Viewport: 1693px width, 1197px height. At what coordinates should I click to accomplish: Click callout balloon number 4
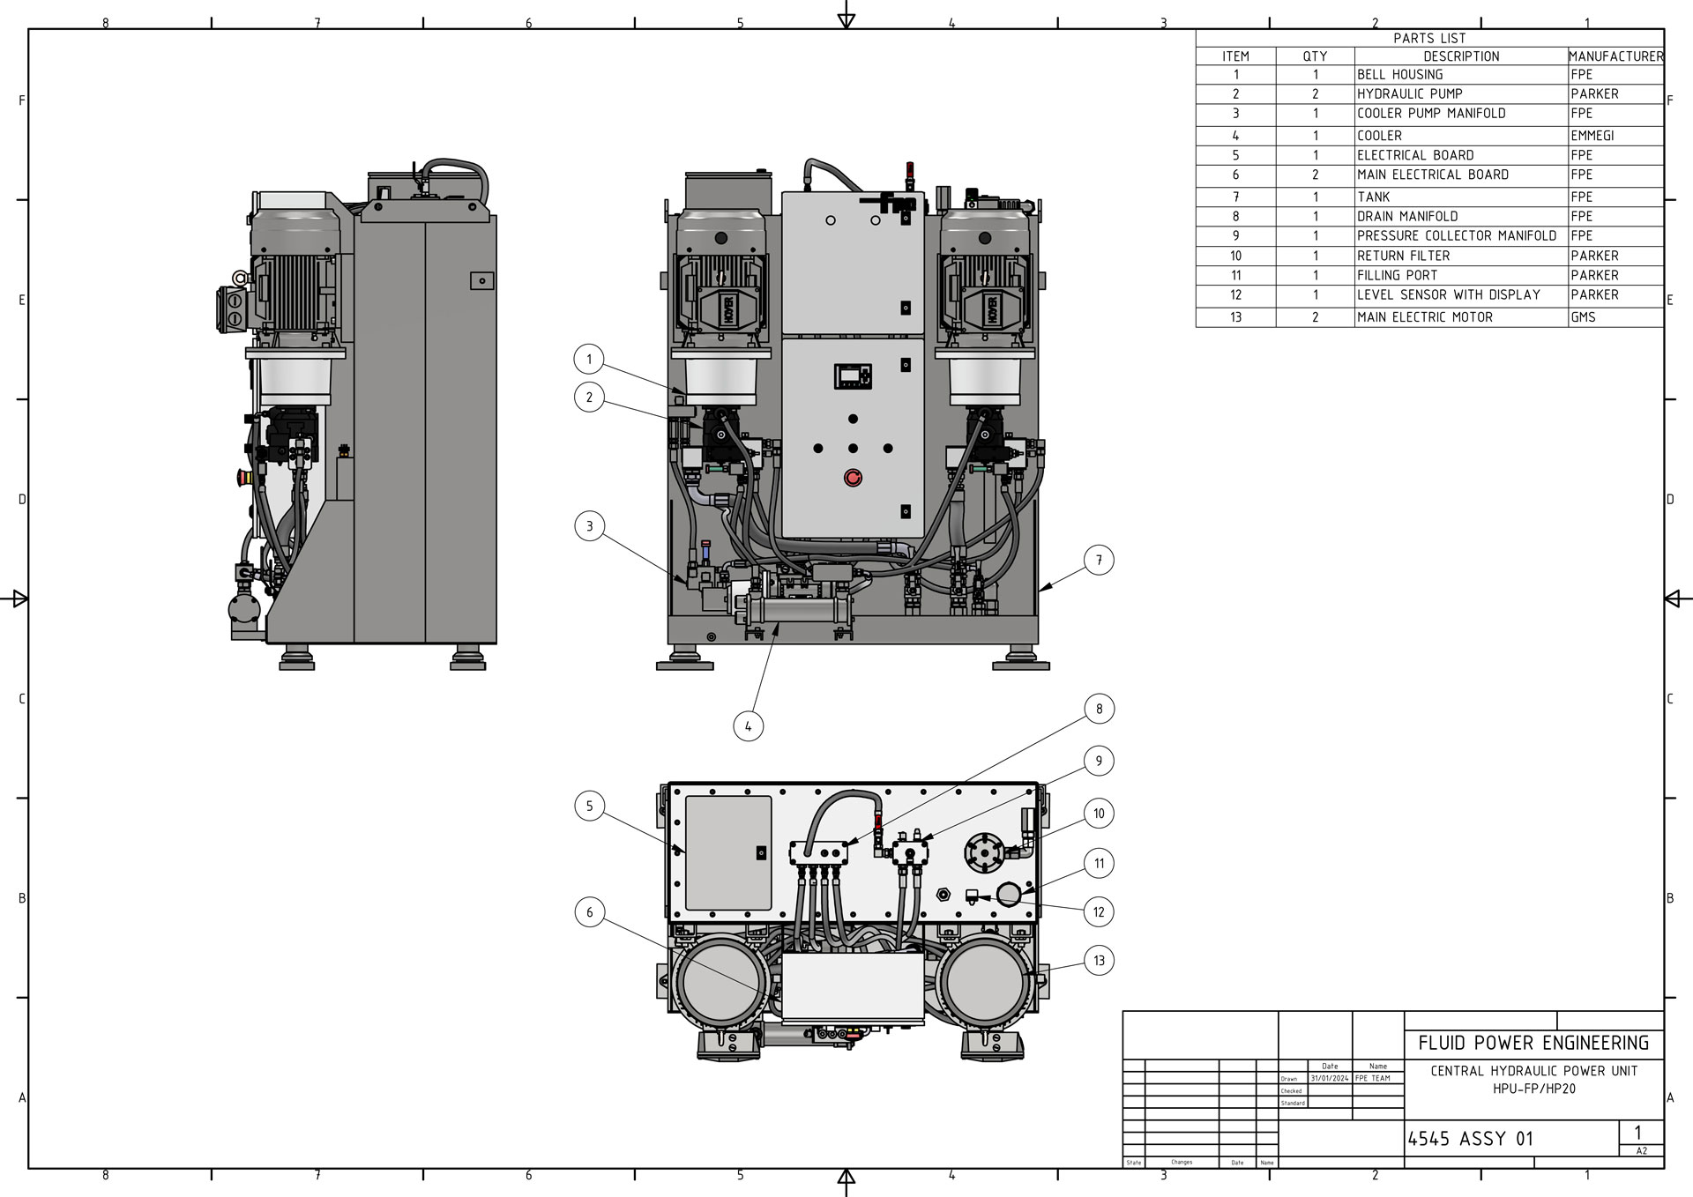748,726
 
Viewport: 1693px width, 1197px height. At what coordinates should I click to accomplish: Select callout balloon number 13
1099,961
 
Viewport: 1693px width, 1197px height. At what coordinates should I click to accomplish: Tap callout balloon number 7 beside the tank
1099,560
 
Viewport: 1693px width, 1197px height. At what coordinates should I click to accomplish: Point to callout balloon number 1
589,359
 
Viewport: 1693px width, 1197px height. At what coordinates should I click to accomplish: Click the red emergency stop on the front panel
853,478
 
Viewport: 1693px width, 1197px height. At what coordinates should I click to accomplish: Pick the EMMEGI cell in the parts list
1592,136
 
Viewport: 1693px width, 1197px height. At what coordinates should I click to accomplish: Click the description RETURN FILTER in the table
1403,256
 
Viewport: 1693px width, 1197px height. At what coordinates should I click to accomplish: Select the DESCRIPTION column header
1461,56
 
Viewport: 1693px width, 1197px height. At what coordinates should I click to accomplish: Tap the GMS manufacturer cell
1583,317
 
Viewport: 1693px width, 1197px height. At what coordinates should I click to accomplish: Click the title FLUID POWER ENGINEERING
1533,1044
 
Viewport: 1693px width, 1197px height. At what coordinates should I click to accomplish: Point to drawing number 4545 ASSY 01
1470,1139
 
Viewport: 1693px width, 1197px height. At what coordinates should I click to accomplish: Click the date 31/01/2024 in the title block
1329,1078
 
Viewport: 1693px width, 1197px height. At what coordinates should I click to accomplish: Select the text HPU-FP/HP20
1533,1089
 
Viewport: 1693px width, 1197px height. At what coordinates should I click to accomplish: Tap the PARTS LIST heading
1429,38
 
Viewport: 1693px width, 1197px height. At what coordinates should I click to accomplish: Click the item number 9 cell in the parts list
1235,236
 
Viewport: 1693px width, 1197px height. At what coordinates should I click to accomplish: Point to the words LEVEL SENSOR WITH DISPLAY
1448,294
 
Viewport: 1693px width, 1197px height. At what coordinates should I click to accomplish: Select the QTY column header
1315,56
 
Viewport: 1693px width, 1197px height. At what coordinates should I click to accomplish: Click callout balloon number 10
1099,814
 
